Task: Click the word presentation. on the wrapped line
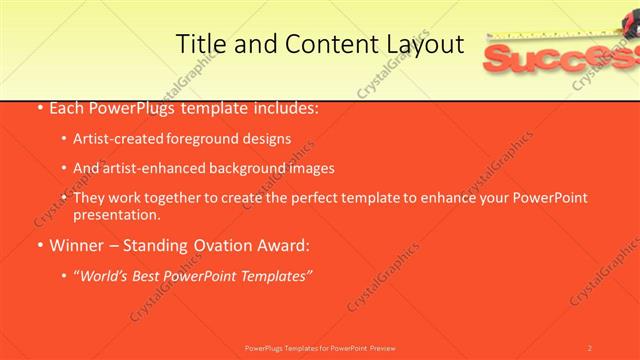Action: (116, 214)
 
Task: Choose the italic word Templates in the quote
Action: (274, 275)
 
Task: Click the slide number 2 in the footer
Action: (589, 348)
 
